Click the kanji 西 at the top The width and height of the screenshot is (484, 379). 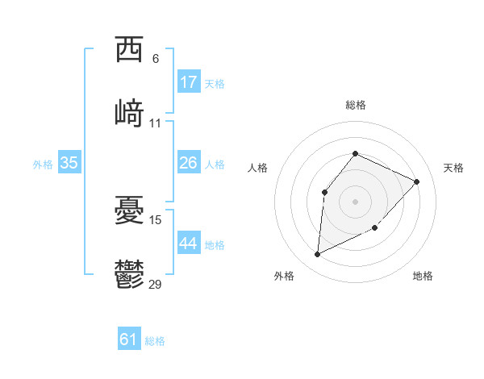[130, 50]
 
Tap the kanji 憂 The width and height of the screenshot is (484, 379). [130, 210]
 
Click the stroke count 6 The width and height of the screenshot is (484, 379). [156, 58]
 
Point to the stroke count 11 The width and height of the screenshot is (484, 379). [156, 123]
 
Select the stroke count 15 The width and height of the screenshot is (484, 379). [156, 219]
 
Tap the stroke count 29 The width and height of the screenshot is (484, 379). [156, 283]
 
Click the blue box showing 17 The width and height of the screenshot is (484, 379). [189, 82]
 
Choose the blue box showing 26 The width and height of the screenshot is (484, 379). [189, 163]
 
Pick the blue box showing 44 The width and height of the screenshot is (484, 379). [189, 244]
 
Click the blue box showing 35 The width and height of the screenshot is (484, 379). [69, 163]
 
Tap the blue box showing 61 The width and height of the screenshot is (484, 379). [129, 339]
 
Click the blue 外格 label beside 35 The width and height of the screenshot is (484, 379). [43, 165]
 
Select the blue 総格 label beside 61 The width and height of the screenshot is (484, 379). [155, 341]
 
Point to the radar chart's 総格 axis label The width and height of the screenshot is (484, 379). [355, 105]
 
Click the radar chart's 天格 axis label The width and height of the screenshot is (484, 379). [453, 168]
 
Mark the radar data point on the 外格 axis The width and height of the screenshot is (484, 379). [317, 255]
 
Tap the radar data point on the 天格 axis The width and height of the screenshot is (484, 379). [416, 181]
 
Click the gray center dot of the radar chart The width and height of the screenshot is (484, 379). [355, 201]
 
